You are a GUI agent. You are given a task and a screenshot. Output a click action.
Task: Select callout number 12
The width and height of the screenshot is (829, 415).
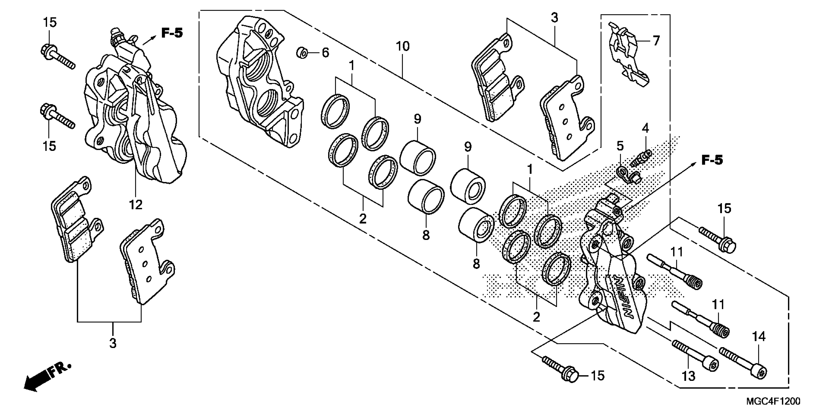(x=136, y=205)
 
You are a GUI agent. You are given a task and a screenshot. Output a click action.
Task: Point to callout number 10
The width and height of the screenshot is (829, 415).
(x=403, y=46)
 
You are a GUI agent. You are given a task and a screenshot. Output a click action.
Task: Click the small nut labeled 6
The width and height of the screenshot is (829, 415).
(x=302, y=52)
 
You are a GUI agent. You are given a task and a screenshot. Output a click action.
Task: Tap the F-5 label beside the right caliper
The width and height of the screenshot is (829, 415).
(x=712, y=160)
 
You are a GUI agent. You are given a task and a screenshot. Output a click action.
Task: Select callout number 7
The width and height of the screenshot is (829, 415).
(x=656, y=41)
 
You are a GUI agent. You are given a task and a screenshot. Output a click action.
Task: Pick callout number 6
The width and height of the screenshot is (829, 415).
(x=325, y=52)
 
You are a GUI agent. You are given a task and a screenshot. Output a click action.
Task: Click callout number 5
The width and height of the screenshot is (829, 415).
(x=620, y=146)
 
